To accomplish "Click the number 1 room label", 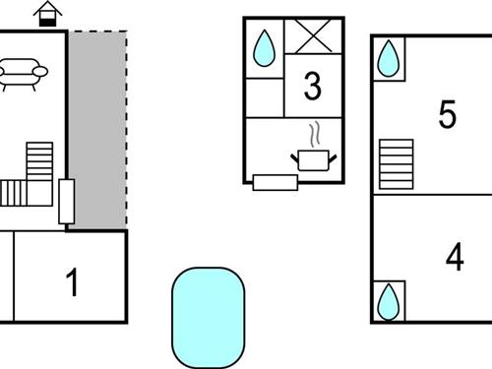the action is pyautogui.click(x=71, y=283).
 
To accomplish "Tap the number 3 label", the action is pyautogui.click(x=313, y=87).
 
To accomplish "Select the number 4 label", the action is pyautogui.click(x=454, y=257).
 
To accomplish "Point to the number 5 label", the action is pyautogui.click(x=448, y=115).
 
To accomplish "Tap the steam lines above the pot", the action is pyautogui.click(x=315, y=133).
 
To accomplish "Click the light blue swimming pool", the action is pyautogui.click(x=208, y=315).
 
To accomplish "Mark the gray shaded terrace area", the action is pyautogui.click(x=96, y=128).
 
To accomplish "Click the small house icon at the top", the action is pyautogui.click(x=46, y=14).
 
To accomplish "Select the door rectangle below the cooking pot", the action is pyautogui.click(x=276, y=181).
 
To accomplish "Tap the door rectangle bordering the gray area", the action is pyautogui.click(x=67, y=201).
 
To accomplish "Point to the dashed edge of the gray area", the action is pyautogui.click(x=126, y=128).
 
